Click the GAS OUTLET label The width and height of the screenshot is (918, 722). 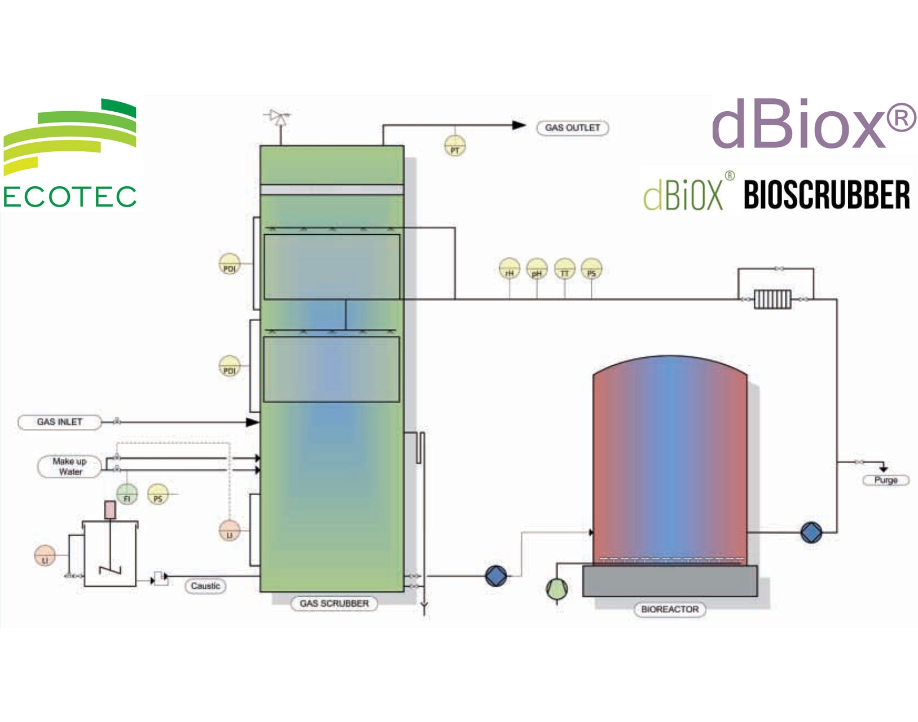click(572, 128)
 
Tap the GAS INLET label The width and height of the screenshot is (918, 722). click(59, 422)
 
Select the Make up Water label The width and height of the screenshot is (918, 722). click(70, 466)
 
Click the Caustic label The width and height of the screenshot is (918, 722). click(205, 586)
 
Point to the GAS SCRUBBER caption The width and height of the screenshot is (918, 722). click(334, 603)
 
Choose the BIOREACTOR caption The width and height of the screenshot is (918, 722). click(670, 609)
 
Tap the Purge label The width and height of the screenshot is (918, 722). click(886, 480)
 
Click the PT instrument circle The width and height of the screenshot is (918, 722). click(455, 147)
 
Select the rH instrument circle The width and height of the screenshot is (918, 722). click(509, 270)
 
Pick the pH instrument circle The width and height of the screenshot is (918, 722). click(537, 270)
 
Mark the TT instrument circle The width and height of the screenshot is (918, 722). click(565, 270)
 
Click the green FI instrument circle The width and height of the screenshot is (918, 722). click(127, 494)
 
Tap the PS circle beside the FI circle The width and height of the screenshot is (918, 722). click(158, 495)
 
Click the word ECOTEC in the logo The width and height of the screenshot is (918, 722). click(70, 196)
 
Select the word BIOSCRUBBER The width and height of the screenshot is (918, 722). click(826, 195)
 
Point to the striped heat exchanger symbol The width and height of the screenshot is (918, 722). click(773, 299)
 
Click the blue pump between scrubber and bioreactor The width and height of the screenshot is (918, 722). click(496, 576)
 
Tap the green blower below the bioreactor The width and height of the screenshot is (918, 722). click(557, 589)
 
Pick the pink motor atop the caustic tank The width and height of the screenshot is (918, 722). click(111, 510)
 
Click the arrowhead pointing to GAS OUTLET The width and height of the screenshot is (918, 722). click(519, 125)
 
